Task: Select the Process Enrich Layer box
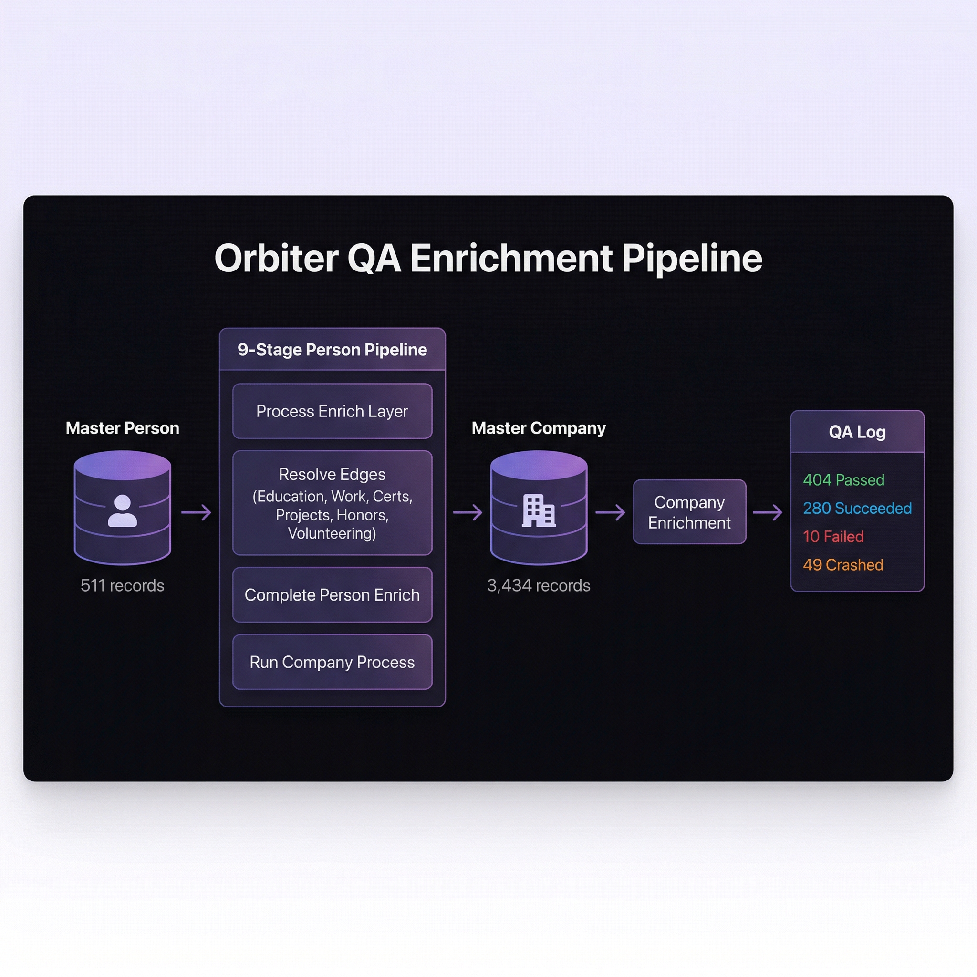pyautogui.click(x=332, y=411)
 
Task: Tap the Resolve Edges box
pyautogui.click(x=332, y=503)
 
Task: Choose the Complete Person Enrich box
pyautogui.click(x=332, y=595)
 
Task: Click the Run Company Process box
pyautogui.click(x=332, y=662)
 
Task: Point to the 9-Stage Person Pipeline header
pyautogui.click(x=332, y=349)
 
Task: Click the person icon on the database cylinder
pyautogui.click(x=123, y=511)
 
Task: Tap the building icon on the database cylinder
pyautogui.click(x=539, y=511)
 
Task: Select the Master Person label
pyautogui.click(x=123, y=428)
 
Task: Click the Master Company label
pyautogui.click(x=539, y=428)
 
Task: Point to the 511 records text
pyautogui.click(x=123, y=586)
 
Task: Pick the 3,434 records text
pyautogui.click(x=539, y=586)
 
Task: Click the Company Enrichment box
pyautogui.click(x=689, y=512)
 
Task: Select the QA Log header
pyautogui.click(x=857, y=432)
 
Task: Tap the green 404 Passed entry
pyautogui.click(x=843, y=480)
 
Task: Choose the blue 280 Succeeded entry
pyautogui.click(x=857, y=508)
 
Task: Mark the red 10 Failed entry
pyautogui.click(x=833, y=537)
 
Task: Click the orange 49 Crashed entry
pyautogui.click(x=843, y=565)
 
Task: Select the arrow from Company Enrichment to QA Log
pyautogui.click(x=768, y=512)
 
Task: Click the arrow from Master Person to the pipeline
pyautogui.click(x=196, y=512)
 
